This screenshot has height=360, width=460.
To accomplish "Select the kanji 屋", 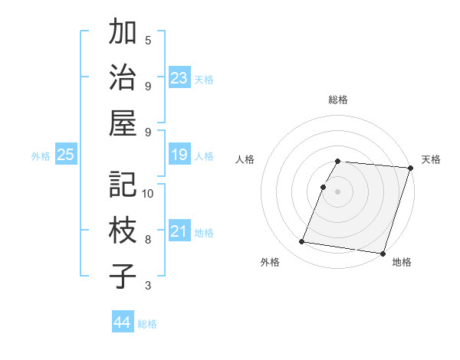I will pos(123,123).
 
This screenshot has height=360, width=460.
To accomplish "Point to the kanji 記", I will pos(123,184).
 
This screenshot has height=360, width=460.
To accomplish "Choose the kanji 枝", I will pos(123,231).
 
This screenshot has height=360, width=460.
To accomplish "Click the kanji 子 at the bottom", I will pos(123,276).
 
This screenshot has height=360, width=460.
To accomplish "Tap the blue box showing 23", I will pos(179,78).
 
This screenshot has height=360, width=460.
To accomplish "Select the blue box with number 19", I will pos(179,155).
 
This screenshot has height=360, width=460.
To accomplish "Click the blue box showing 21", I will pos(179,231).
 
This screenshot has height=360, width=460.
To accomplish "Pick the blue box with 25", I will pos(65,155).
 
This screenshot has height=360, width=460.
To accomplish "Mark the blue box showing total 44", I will pos(122,322).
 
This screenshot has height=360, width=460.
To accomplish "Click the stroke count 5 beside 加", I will pos(148,40).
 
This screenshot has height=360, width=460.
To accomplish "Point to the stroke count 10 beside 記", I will pos(148,193).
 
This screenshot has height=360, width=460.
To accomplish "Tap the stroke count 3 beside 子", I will pos(148,286).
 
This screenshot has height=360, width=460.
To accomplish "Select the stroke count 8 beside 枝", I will pos(148,240).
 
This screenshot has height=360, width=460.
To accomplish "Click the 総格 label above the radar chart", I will pos(338,100).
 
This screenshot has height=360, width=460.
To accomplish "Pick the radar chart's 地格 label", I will pos(402,262).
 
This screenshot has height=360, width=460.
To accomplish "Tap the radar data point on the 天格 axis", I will pos(410,168).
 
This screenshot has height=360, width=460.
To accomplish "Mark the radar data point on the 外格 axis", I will pos(302,242).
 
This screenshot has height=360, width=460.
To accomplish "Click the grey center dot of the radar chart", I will pos(338,191).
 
